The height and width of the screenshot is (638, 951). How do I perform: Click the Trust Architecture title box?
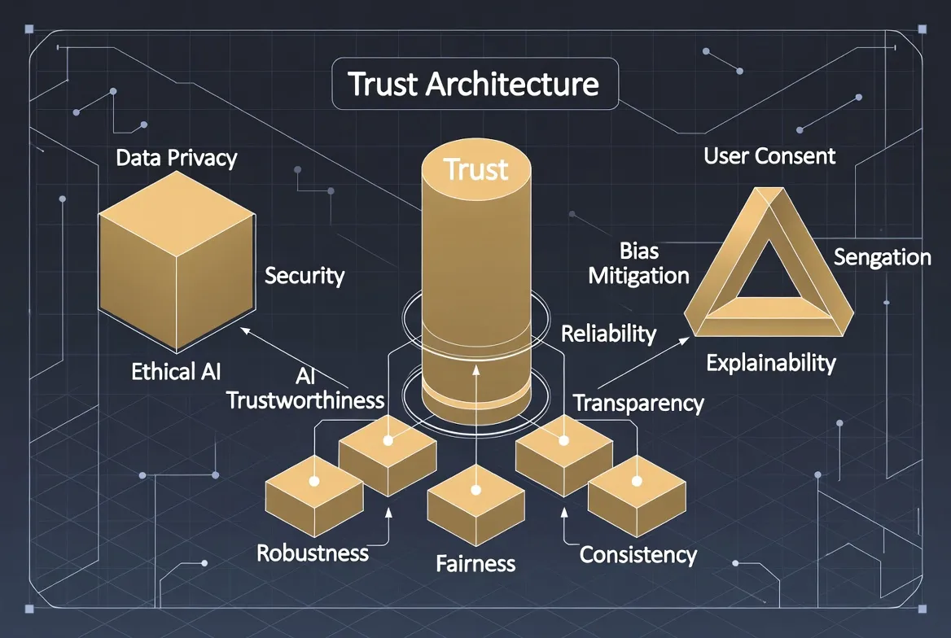tap(474, 85)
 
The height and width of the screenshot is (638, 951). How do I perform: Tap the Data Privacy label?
tap(176, 157)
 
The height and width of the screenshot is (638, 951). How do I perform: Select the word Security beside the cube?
tap(305, 276)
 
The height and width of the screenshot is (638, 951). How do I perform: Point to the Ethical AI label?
tap(176, 372)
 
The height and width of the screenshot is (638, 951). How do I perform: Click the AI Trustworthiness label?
tap(305, 388)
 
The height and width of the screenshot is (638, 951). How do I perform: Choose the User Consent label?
tap(769, 155)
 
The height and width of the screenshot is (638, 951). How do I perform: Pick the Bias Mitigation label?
tap(638, 263)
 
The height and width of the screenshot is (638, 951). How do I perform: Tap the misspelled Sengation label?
tap(882, 257)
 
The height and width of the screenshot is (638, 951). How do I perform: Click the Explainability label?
tap(770, 362)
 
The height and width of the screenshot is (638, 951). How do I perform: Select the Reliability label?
tap(609, 333)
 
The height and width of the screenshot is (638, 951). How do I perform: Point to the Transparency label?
tap(638, 403)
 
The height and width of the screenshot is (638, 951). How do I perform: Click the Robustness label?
tap(313, 553)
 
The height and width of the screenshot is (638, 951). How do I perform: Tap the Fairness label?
tap(475, 562)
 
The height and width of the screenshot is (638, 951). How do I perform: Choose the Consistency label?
tap(638, 555)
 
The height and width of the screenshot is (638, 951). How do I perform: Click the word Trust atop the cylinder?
tap(476, 169)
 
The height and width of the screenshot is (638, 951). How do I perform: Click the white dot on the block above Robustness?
tap(313, 481)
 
